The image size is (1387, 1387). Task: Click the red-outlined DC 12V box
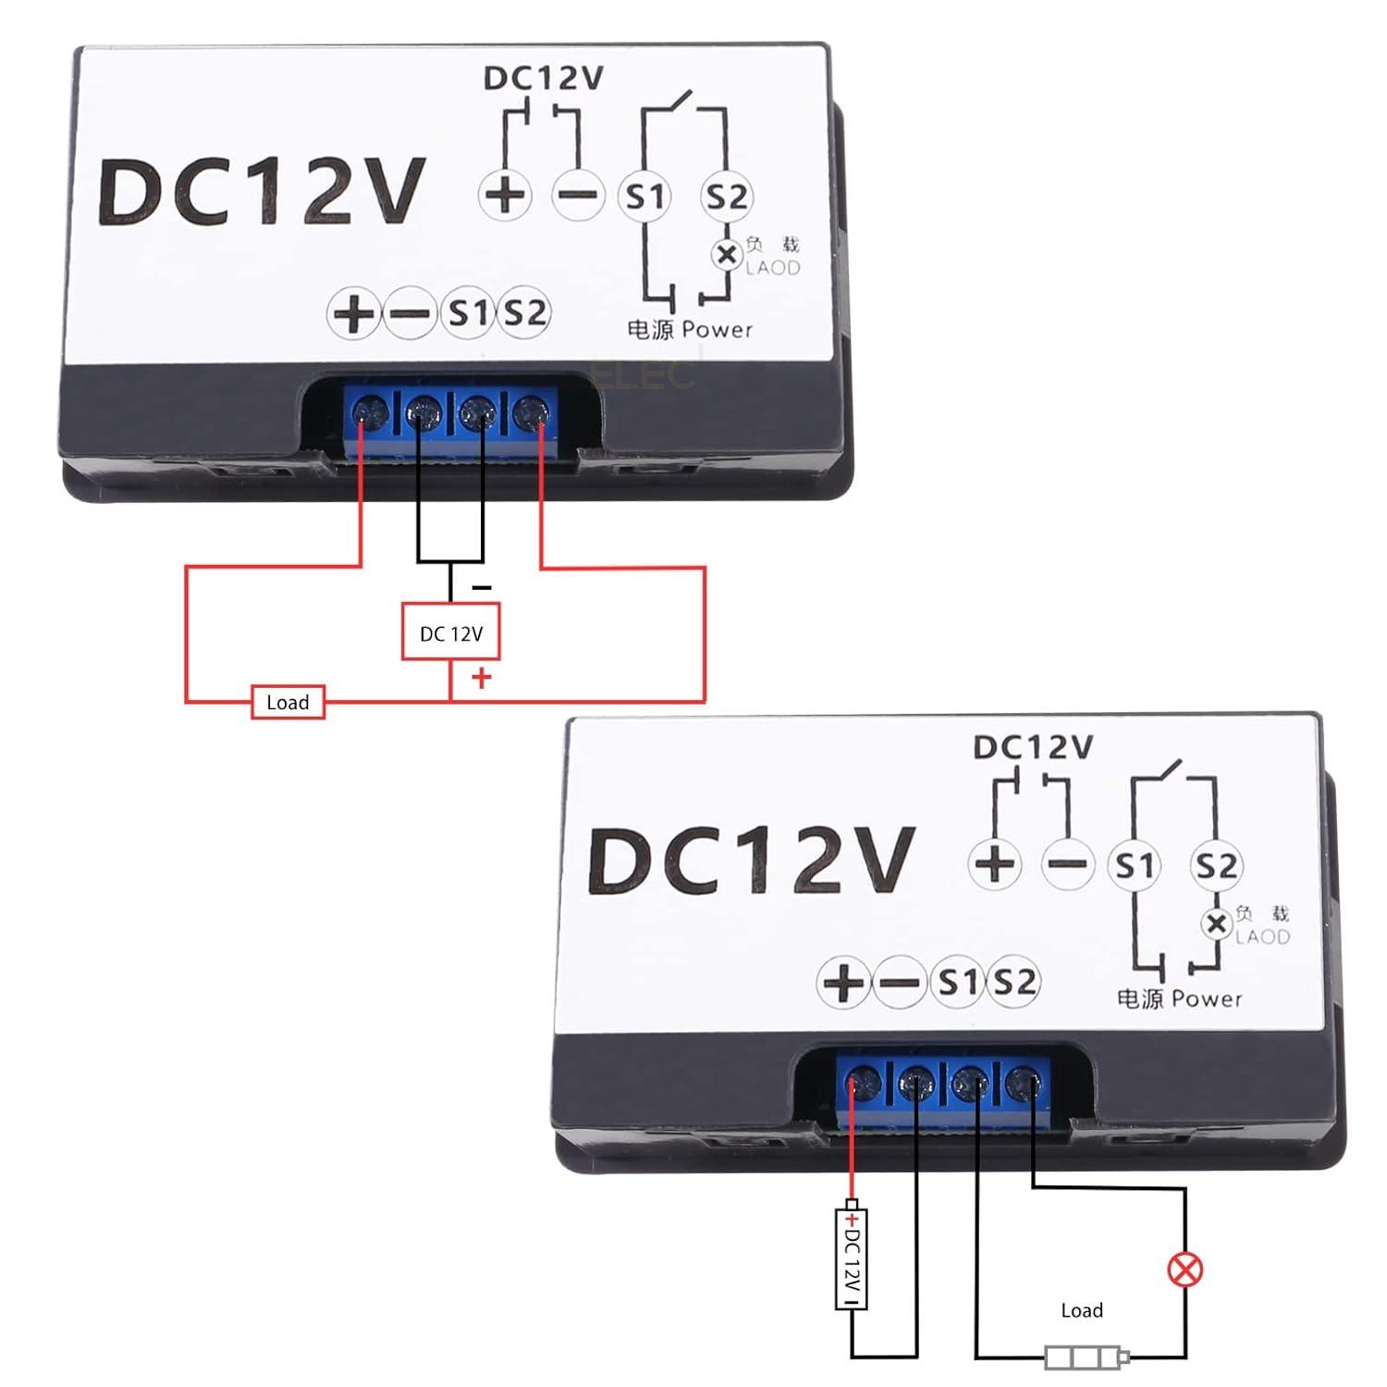coord(451,632)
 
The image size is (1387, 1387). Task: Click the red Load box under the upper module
coord(288,702)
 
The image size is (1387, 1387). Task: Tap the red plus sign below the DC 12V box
coord(481,679)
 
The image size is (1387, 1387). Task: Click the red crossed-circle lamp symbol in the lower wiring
coord(1185,1269)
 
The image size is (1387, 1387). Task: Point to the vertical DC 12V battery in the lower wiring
coord(852,1256)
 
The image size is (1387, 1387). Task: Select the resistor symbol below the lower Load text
coord(1087,1357)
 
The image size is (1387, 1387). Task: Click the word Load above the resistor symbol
coord(1082,1310)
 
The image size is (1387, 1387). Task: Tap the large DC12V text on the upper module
coord(262,191)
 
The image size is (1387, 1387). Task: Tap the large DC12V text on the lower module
coord(752,860)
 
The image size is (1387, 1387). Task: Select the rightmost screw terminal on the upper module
coord(530,411)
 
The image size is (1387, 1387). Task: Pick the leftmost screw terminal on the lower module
coord(864,1080)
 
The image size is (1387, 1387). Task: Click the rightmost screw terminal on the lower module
coord(1022,1082)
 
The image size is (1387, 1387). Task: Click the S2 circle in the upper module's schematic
coord(726,196)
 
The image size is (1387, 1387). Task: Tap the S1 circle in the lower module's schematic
coord(1135,865)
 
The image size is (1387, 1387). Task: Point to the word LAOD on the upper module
coord(773,267)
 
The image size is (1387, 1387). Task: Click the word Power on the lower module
coord(1207,999)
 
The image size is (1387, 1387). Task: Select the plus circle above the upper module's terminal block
coord(353,313)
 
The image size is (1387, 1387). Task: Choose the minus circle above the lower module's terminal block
coord(897,982)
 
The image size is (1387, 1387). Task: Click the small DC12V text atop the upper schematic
coord(544,78)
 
